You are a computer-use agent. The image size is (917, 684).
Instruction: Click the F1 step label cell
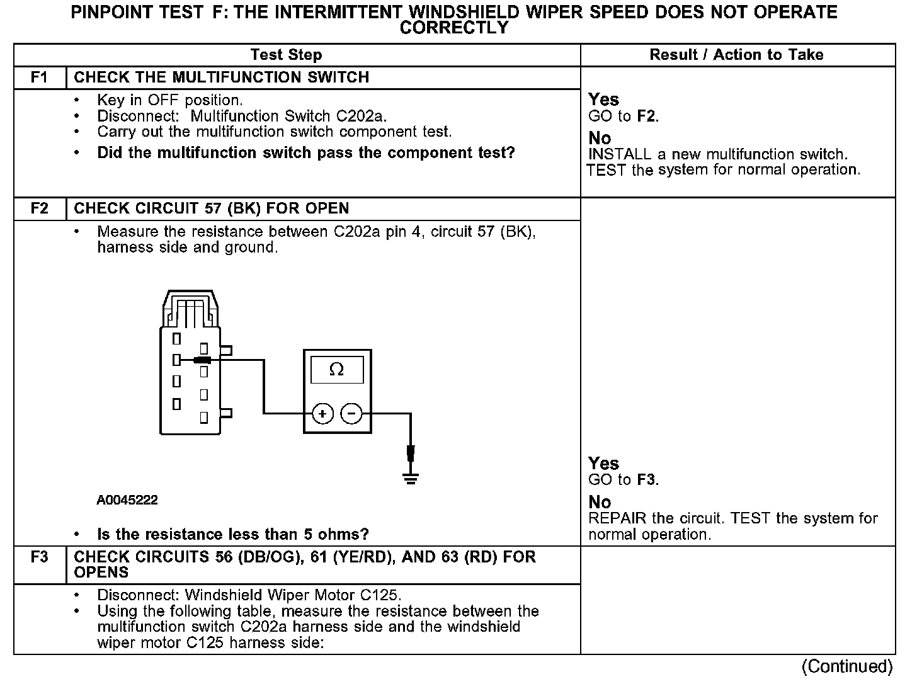click(x=39, y=77)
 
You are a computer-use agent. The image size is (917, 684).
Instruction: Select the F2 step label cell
click(x=39, y=208)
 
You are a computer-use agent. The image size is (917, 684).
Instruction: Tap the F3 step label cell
click(x=39, y=557)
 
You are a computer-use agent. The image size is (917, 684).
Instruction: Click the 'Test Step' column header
click(x=286, y=55)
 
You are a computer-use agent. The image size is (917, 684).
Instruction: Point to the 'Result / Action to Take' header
click(x=736, y=55)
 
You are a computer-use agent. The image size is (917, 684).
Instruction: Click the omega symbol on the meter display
click(x=337, y=370)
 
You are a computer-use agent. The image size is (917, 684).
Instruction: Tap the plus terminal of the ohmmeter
click(x=322, y=414)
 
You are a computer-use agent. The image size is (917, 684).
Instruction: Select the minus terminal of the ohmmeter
click(x=351, y=414)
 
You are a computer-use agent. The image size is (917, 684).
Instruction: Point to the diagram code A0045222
click(x=127, y=500)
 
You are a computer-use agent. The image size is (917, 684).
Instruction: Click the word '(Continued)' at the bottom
click(x=847, y=666)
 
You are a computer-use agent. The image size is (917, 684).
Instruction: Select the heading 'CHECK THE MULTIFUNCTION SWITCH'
click(x=222, y=77)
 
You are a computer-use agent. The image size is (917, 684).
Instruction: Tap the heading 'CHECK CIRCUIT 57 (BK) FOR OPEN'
click(x=212, y=208)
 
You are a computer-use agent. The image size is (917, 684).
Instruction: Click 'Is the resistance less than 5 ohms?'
click(x=233, y=535)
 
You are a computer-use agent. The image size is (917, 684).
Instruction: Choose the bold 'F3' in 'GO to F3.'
click(x=647, y=480)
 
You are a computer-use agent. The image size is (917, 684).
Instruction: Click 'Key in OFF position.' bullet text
click(x=170, y=100)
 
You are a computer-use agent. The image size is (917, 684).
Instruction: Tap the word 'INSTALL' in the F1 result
click(x=619, y=154)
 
